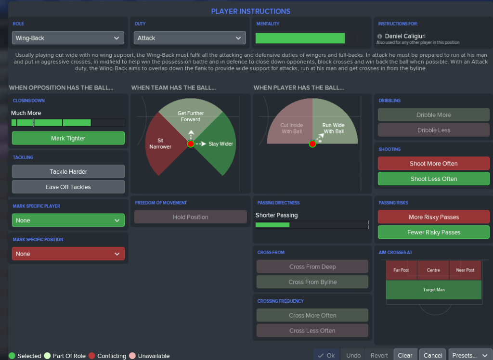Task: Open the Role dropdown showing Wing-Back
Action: pos(68,38)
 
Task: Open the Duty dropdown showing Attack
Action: pos(190,38)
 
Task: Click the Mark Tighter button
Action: pos(68,138)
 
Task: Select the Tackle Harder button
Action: pos(68,172)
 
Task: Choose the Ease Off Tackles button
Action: pos(68,187)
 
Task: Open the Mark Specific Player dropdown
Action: pos(68,220)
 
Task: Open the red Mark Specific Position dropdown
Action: pos(68,254)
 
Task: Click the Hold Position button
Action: pos(190,217)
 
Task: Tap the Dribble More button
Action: pos(433,115)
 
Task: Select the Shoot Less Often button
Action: pos(433,179)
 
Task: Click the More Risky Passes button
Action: pos(433,217)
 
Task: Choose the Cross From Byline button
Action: pos(312,282)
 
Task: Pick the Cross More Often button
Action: pos(312,315)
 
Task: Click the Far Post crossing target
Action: pos(401,270)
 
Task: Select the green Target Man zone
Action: pos(433,290)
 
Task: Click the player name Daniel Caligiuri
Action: pos(405,36)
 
